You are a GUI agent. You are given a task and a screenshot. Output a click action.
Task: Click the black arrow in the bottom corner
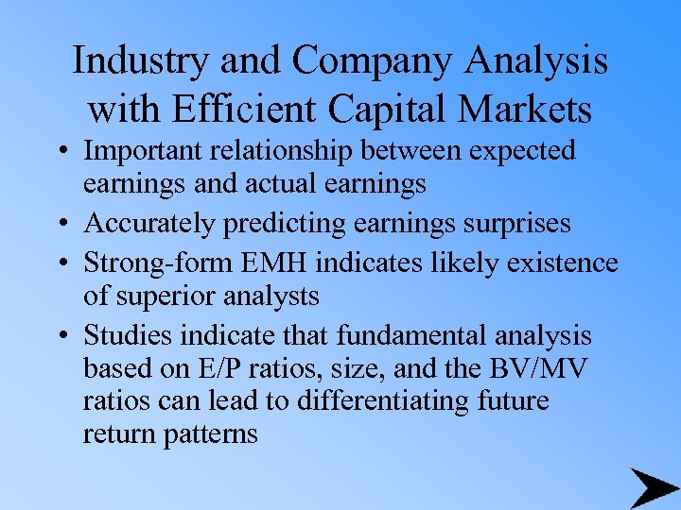(x=652, y=487)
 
